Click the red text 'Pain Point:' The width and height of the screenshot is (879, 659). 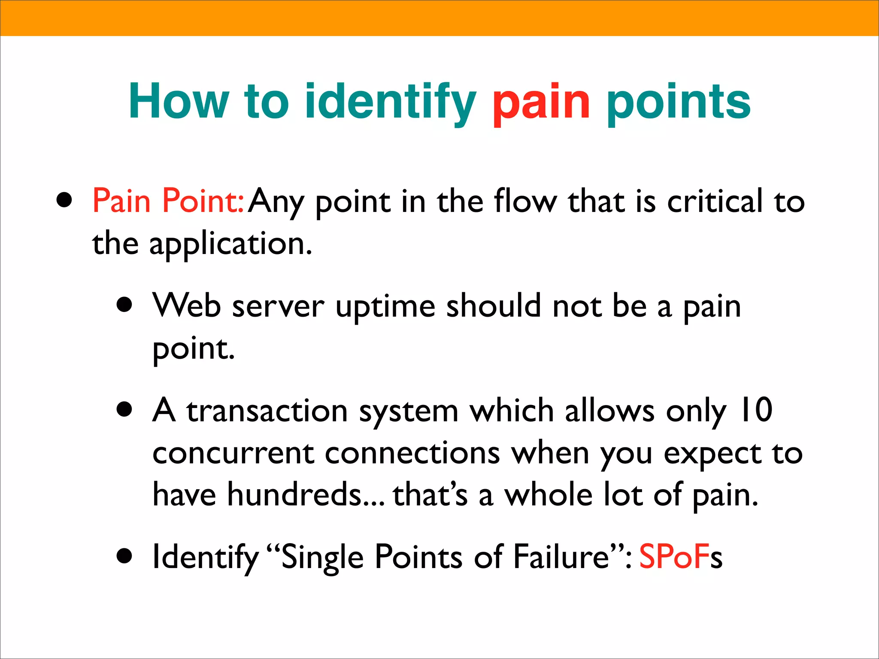[x=169, y=201]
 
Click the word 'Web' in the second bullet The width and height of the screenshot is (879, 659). [x=187, y=305]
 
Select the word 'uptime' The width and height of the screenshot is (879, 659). [x=385, y=306]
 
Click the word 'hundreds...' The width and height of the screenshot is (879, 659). [x=306, y=494]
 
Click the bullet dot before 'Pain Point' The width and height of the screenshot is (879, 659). [x=64, y=200]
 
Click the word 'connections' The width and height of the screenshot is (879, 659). [x=412, y=453]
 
